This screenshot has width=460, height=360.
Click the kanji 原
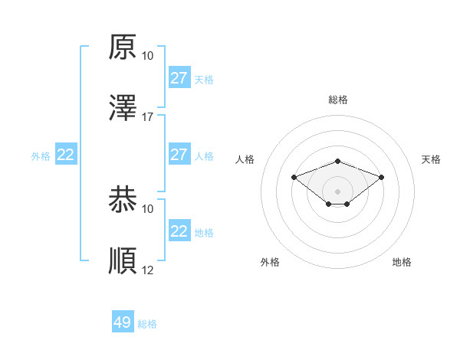coord(123,47)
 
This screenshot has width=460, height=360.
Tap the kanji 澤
coord(123,107)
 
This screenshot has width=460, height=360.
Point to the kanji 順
coord(123,260)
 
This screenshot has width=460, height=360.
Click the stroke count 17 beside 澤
coord(148,116)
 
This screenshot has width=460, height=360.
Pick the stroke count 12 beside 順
coord(148,270)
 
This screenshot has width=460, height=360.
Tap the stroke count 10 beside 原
coord(148,56)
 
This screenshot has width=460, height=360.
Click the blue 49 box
coord(123,322)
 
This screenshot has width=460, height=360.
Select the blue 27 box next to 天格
coord(179,78)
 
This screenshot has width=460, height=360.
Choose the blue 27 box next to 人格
coord(179,155)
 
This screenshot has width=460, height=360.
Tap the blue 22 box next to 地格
coord(179,231)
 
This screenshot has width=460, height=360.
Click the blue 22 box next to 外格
coord(66,155)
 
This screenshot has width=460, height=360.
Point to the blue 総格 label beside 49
coord(147,324)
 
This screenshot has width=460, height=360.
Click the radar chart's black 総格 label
coord(338,100)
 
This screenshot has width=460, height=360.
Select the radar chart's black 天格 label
coord(431,159)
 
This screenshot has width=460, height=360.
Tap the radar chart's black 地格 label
coord(402,262)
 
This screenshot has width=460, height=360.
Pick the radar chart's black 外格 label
coord(270,262)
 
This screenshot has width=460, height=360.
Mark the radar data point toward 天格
coord(382,177)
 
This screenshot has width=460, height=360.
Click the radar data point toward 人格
coord(294,177)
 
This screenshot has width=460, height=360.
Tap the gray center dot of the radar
coord(337,191)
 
